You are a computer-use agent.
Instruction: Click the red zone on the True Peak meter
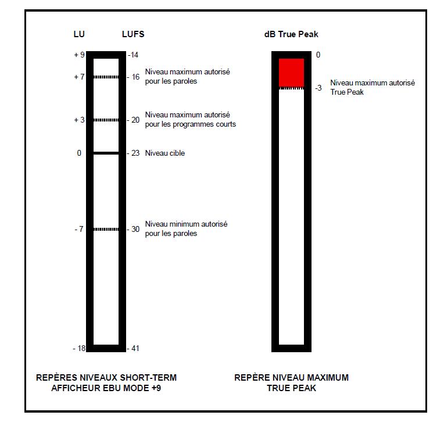pyautogui.click(x=291, y=72)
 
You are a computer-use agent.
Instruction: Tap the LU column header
pyautogui.click(x=79, y=34)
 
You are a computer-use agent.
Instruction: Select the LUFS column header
pyautogui.click(x=133, y=34)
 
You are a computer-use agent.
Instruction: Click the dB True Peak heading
pyautogui.click(x=291, y=34)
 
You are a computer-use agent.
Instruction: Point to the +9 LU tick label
pyautogui.click(x=79, y=55)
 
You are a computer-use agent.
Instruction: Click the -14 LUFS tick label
pyautogui.click(x=133, y=55)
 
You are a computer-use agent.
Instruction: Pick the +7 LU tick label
pyautogui.click(x=79, y=77)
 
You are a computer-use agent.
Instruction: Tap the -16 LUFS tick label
pyautogui.click(x=133, y=77)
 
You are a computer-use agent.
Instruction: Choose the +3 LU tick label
pyautogui.click(x=79, y=120)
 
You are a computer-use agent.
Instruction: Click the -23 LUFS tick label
pyautogui.click(x=133, y=153)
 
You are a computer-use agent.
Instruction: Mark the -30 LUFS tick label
pyautogui.click(x=133, y=229)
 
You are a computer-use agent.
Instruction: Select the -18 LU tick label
pyautogui.click(x=79, y=348)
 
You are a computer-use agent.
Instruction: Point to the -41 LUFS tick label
pyautogui.click(x=133, y=348)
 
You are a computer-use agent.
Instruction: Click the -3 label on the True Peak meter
pyautogui.click(x=318, y=88)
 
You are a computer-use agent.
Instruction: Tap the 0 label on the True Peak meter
pyautogui.click(x=318, y=55)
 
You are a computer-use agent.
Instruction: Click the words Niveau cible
pyautogui.click(x=165, y=153)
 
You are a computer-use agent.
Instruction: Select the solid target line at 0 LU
pyautogui.click(x=106, y=153)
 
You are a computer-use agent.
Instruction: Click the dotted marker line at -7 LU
pyautogui.click(x=106, y=229)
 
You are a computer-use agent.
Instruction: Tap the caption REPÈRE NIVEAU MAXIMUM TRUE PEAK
pyautogui.click(x=291, y=382)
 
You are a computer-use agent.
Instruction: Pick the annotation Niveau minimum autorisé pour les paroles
pyautogui.click(x=186, y=228)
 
